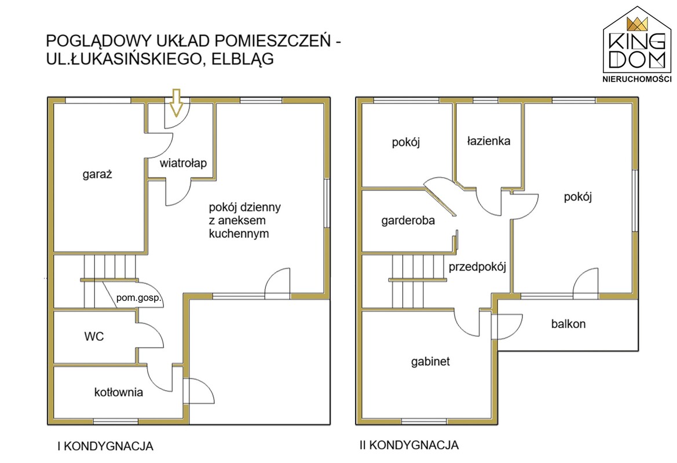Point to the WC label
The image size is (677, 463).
[94, 336]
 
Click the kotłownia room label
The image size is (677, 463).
[119, 392]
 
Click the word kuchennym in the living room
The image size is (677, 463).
[239, 234]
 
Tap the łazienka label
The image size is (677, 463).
[488, 141]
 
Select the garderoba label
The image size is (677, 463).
[408, 221]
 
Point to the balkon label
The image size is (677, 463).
[568, 324]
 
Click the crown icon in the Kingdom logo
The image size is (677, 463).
[637, 24]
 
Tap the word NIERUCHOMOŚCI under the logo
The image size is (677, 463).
[636, 79]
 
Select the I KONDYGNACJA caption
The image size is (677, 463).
[105, 446]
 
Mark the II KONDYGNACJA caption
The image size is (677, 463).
[409, 445]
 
